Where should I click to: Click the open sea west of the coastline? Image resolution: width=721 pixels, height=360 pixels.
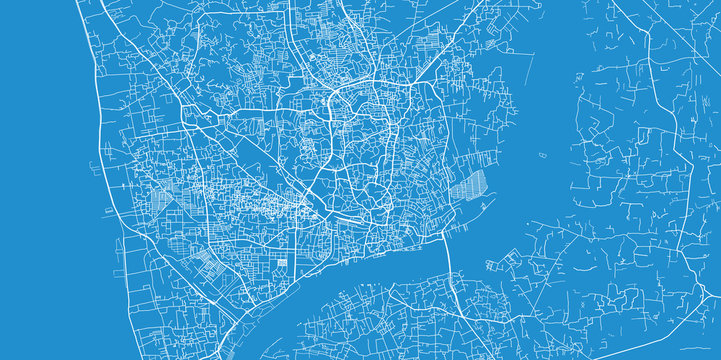pyautogui.click(x=40, y=180)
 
